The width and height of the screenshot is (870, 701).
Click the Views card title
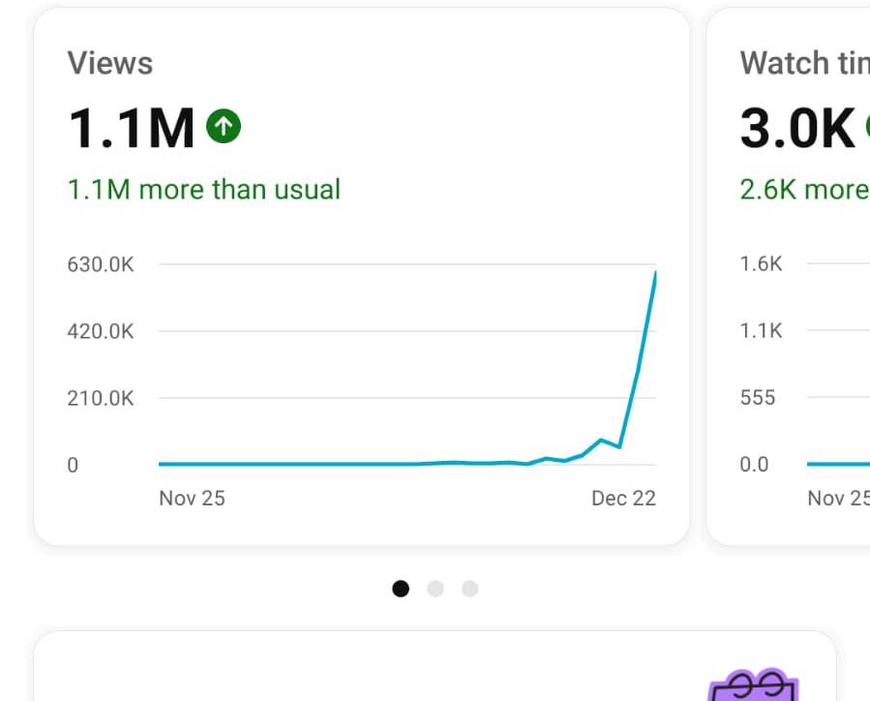[x=109, y=64]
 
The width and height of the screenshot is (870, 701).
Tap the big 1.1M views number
[x=131, y=128]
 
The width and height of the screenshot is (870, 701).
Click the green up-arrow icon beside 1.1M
[x=224, y=125]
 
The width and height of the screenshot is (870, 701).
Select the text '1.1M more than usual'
[x=203, y=189]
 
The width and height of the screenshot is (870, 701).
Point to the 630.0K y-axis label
[x=101, y=264]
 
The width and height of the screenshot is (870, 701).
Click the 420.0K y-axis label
[x=101, y=331]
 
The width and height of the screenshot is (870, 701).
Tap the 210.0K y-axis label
[x=101, y=398]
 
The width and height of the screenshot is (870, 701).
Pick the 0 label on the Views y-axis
[x=73, y=465]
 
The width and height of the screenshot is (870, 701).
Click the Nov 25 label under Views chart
[x=192, y=498]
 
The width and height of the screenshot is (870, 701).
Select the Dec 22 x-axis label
[x=623, y=498]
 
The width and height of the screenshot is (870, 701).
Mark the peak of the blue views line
[x=655, y=273]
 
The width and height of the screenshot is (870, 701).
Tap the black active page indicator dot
[x=401, y=589]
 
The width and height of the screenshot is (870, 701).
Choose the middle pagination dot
[x=435, y=589]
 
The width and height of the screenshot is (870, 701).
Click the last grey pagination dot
[x=470, y=589]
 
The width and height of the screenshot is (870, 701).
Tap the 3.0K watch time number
[x=797, y=128]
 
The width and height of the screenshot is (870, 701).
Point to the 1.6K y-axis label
[x=761, y=264]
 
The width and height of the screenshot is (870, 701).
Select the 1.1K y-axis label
[x=761, y=331]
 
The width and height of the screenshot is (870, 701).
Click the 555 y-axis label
[x=758, y=398]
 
